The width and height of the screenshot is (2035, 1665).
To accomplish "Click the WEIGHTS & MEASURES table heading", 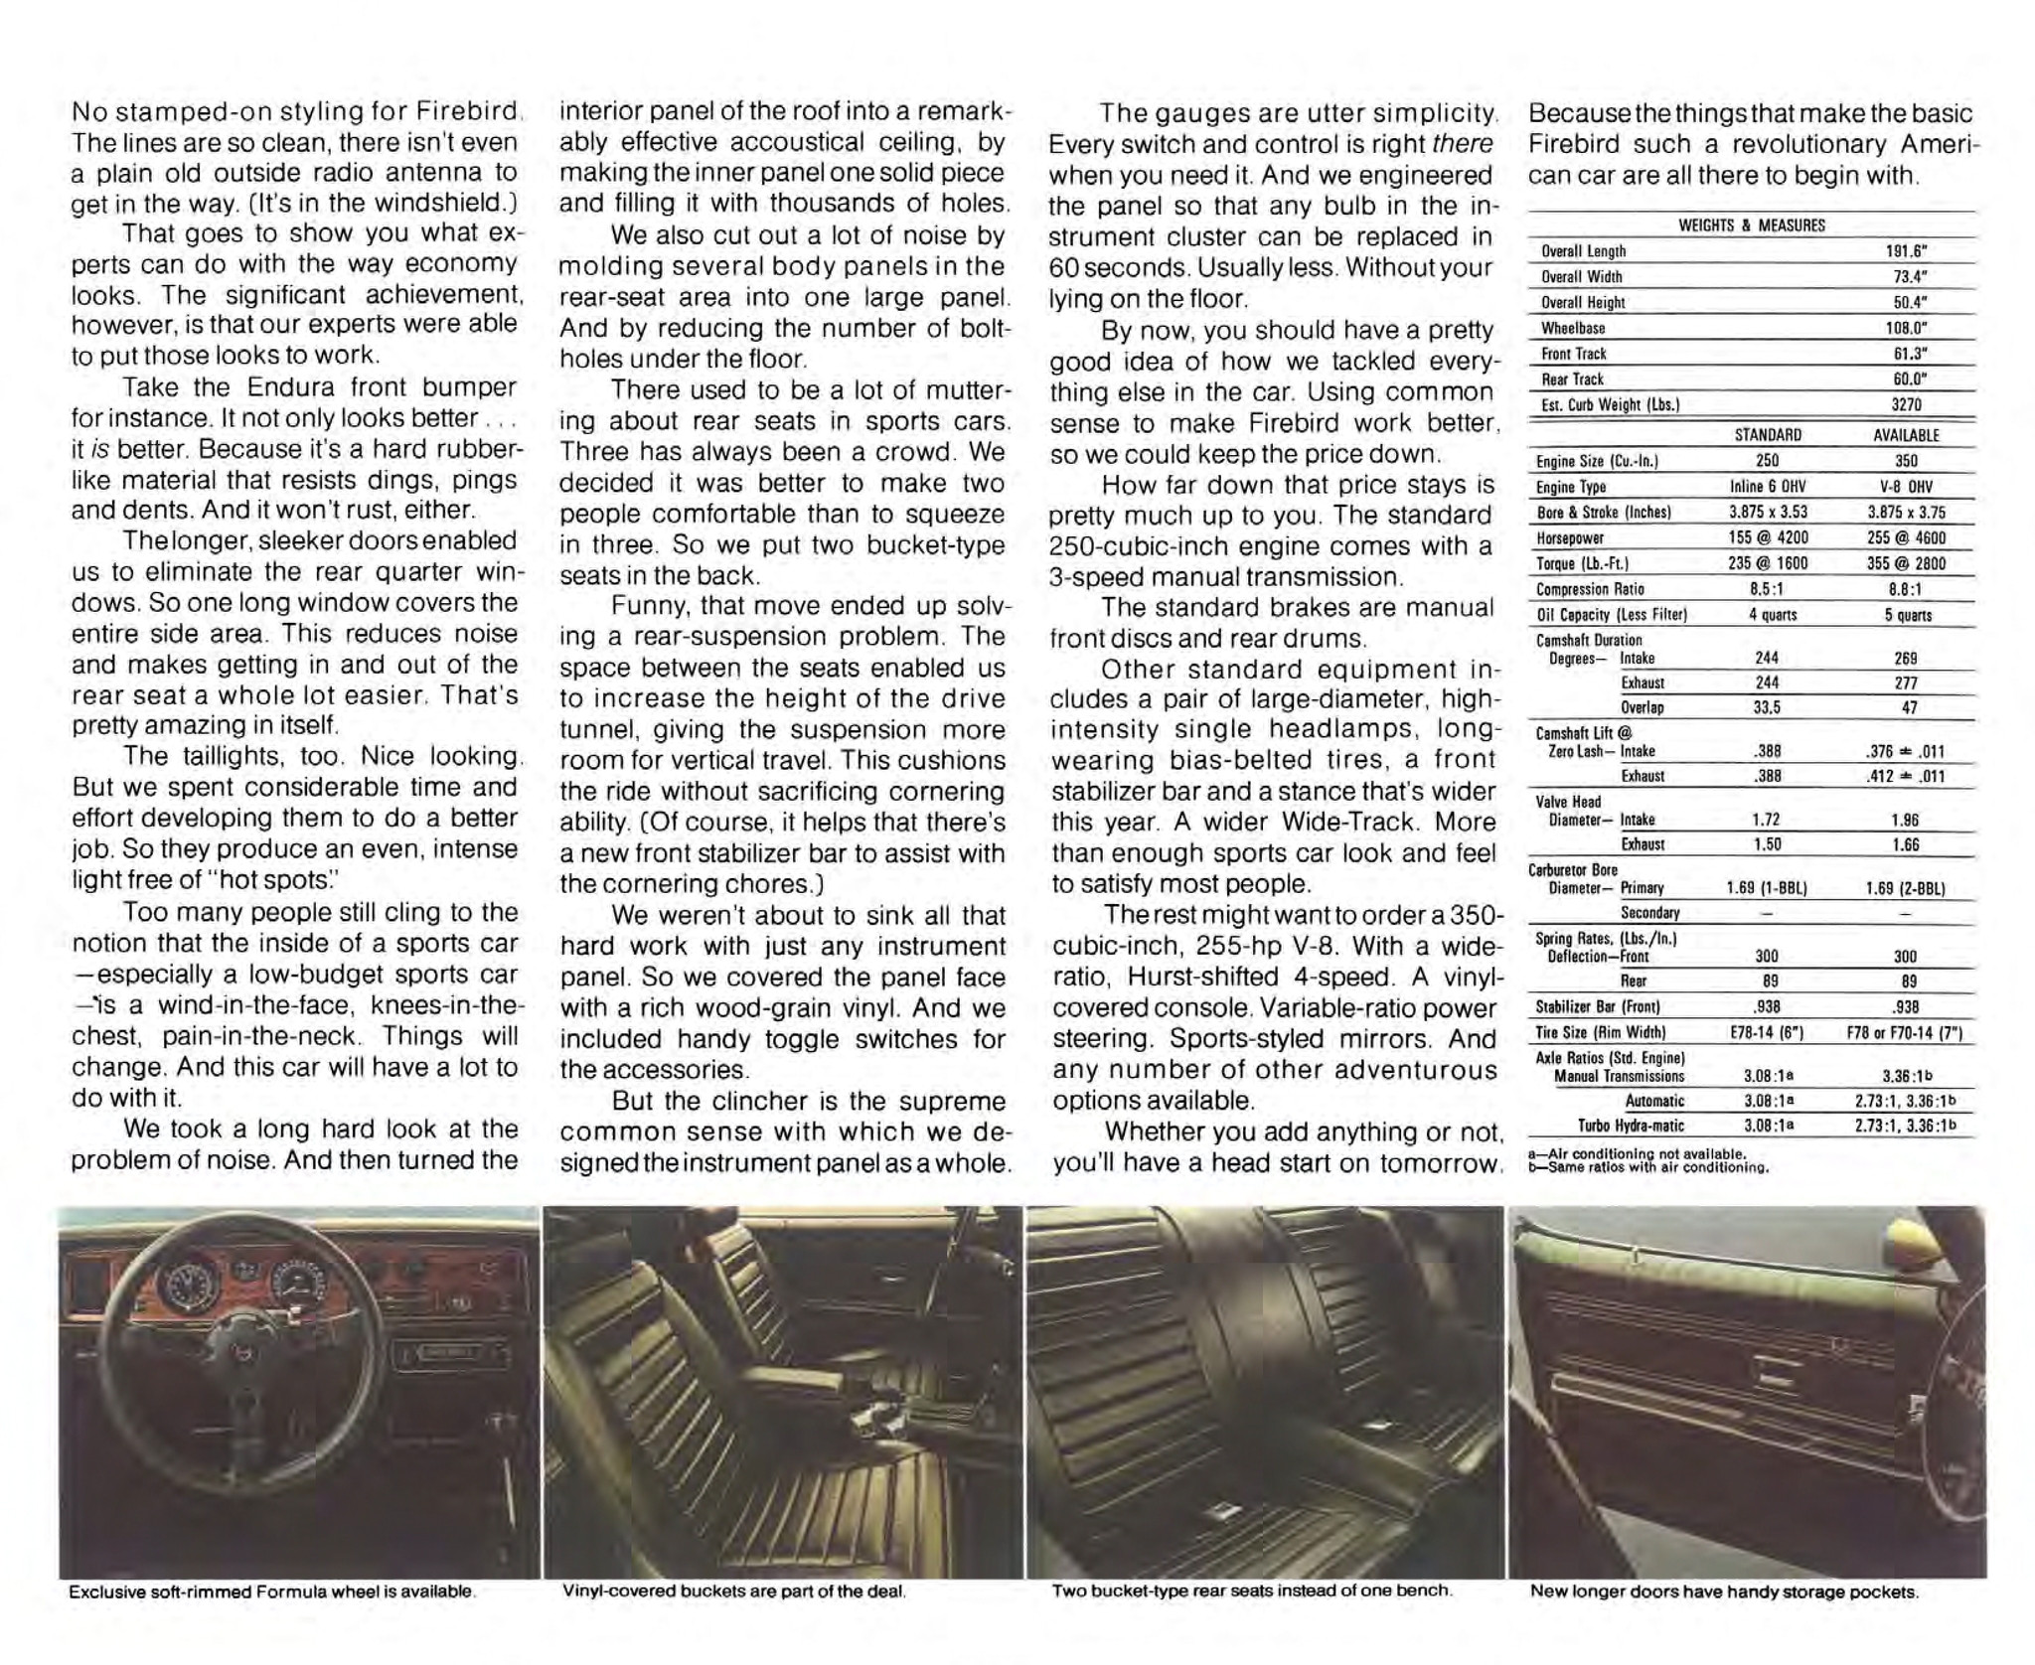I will [1751, 226].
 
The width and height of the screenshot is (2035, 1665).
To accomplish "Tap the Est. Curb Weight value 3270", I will [1906, 404].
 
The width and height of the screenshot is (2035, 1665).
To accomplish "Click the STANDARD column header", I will [1767, 435].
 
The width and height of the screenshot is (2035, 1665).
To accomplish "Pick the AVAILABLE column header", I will [1906, 435].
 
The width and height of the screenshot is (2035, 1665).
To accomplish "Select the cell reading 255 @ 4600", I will [1906, 537].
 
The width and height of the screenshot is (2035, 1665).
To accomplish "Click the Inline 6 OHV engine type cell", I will [1767, 487].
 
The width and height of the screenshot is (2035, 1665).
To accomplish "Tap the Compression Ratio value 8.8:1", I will [1906, 589].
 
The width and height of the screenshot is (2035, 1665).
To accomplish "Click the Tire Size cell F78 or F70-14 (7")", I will [1904, 1032].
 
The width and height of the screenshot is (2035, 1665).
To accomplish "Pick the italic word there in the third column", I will [1463, 145].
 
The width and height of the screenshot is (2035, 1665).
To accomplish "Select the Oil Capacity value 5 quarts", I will [1906, 615].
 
